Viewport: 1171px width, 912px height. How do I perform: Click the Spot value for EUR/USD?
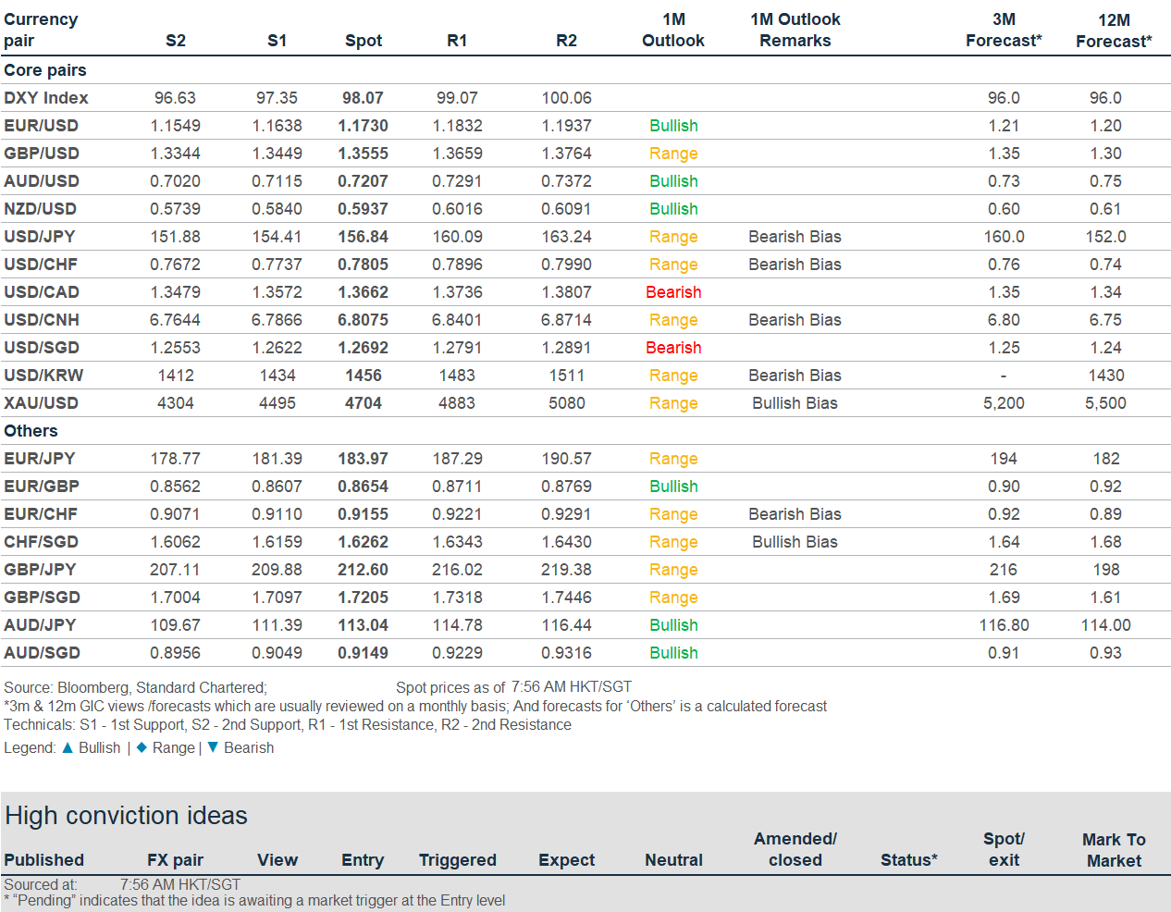tap(363, 126)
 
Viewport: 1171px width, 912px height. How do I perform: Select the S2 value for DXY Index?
tap(175, 98)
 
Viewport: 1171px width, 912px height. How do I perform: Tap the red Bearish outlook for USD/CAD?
tap(673, 292)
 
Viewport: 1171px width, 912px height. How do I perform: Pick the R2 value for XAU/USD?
tap(566, 403)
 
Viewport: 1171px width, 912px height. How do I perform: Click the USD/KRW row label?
tap(43, 376)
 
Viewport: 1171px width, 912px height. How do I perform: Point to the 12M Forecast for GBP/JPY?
tap(1106, 570)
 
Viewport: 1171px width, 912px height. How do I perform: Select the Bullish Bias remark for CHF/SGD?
tap(795, 542)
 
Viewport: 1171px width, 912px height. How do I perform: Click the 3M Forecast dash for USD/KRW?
tap(1004, 376)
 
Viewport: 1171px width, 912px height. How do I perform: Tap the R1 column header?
tap(456, 41)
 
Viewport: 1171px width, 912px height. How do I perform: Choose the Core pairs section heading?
tap(45, 70)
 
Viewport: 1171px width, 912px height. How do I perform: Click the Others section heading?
tap(31, 431)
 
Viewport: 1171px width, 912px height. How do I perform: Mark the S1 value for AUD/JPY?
tap(277, 625)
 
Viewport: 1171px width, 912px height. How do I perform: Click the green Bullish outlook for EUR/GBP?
tap(673, 487)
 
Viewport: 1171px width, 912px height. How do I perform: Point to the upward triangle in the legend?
tap(68, 747)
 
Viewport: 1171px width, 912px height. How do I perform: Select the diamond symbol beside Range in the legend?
tap(142, 747)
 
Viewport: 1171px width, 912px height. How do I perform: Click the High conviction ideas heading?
tap(126, 816)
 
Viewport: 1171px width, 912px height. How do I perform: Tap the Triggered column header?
tap(458, 860)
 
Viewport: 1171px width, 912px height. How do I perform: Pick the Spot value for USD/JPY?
tap(363, 237)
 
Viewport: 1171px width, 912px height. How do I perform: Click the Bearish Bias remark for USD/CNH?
tap(795, 320)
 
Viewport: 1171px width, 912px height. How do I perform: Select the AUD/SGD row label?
tap(42, 653)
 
